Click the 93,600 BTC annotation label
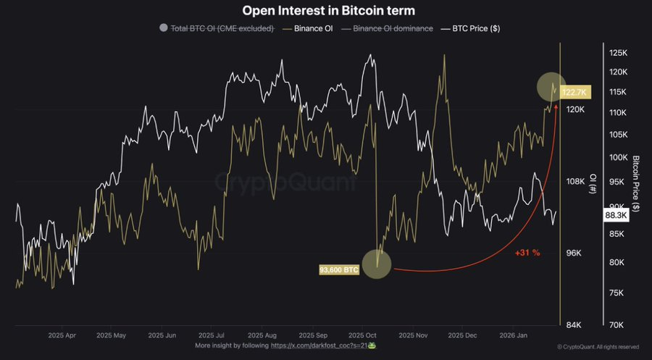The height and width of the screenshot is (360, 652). [339, 269]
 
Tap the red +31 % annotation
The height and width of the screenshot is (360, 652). [527, 253]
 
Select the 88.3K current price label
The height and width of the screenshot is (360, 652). [615, 215]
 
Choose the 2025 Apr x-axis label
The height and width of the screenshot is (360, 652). [62, 335]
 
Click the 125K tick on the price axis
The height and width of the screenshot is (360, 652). [618, 53]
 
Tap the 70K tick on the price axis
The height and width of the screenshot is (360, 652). [618, 325]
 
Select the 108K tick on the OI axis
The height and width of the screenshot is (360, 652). [576, 180]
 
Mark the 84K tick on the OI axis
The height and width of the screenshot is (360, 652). [576, 325]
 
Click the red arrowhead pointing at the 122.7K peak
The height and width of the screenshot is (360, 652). [556, 106]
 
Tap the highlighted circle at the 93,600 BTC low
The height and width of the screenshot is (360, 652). [376, 263]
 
